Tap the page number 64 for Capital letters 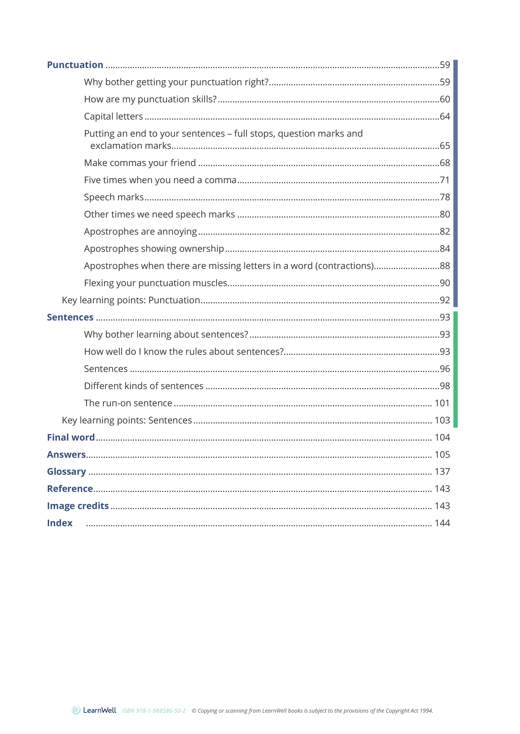(x=444, y=116)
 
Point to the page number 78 (x=444, y=197)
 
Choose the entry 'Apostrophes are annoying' (x=140, y=232)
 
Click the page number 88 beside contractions (x=444, y=266)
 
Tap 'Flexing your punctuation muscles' (x=155, y=283)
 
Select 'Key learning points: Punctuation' (x=131, y=300)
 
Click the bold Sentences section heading (x=70, y=317)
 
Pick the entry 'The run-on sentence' (x=128, y=403)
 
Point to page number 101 (x=442, y=403)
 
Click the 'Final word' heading (x=71, y=437)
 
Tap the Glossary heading (x=66, y=472)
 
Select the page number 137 (x=442, y=472)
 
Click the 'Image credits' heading (x=78, y=506)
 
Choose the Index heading (x=60, y=523)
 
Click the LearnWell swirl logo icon (x=76, y=710)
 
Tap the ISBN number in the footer (x=154, y=711)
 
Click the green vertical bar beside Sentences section (x=455, y=369)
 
